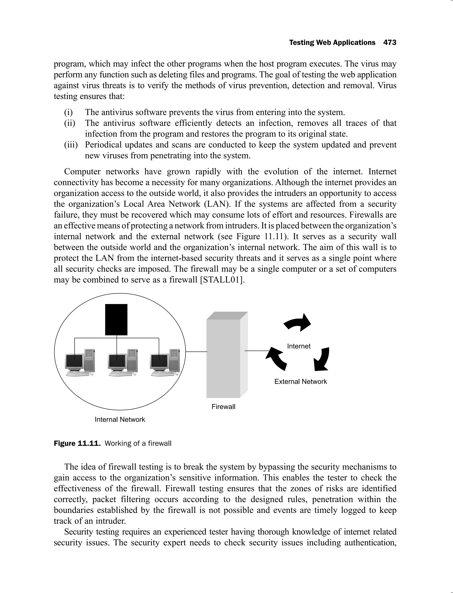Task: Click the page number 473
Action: coord(390,43)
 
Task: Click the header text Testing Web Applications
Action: coord(332,43)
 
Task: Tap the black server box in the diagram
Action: coord(116,320)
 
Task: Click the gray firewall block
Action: coord(223,358)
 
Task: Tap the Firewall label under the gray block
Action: coord(223,407)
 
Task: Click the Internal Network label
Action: coord(120,419)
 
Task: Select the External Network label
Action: coord(301,381)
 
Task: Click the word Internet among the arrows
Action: coord(299,346)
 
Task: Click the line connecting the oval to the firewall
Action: coord(196,352)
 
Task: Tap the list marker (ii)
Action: coord(70,123)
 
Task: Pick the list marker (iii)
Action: coord(71,145)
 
